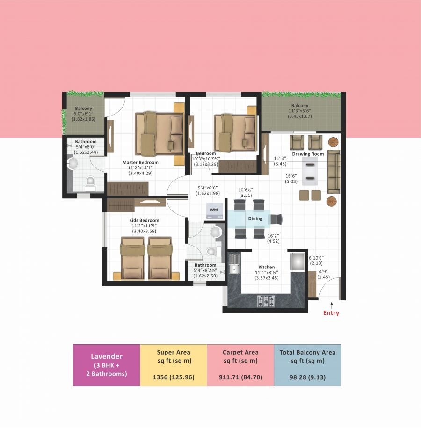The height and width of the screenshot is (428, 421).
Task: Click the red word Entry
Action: (x=331, y=313)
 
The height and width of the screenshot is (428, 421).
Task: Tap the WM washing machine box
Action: (x=214, y=210)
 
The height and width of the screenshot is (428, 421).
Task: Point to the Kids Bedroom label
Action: (x=144, y=220)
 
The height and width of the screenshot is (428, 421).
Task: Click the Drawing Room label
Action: (x=308, y=154)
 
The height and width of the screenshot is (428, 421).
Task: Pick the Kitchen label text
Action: (x=267, y=267)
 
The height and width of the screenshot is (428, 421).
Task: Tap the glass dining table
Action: (x=253, y=218)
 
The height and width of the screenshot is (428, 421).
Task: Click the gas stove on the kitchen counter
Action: (x=266, y=301)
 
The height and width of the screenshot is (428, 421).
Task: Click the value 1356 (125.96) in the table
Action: (x=173, y=377)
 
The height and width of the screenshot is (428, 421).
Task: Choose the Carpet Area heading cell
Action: (x=240, y=356)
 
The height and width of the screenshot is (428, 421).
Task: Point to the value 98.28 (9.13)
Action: (x=307, y=377)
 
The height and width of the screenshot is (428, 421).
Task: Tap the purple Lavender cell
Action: (x=107, y=365)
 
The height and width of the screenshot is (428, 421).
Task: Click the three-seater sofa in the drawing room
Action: (x=334, y=172)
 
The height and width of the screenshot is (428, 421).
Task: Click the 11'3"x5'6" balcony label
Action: (x=300, y=111)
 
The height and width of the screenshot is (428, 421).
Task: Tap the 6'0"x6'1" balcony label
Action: (x=84, y=114)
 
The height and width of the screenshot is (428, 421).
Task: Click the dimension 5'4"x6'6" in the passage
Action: (x=208, y=190)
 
